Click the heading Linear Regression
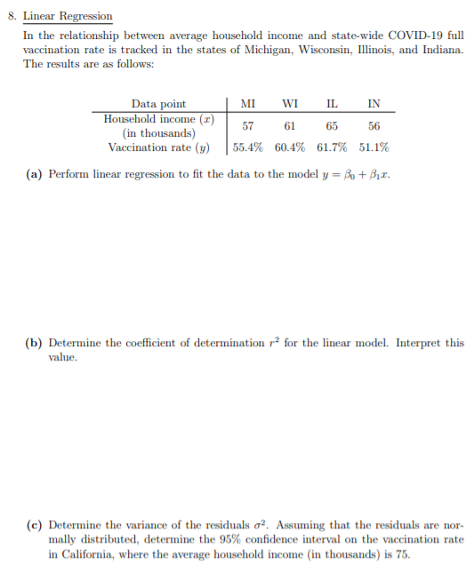pos(68,16)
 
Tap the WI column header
pos(289,104)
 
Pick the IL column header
pos(332,104)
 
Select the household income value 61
pos(289,126)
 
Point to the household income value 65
pos(332,126)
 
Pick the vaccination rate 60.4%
pos(290,147)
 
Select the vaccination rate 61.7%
pos(332,147)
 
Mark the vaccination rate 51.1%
pos(374,147)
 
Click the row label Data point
pos(158,104)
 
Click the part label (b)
pos(34,343)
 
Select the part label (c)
pos(34,525)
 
